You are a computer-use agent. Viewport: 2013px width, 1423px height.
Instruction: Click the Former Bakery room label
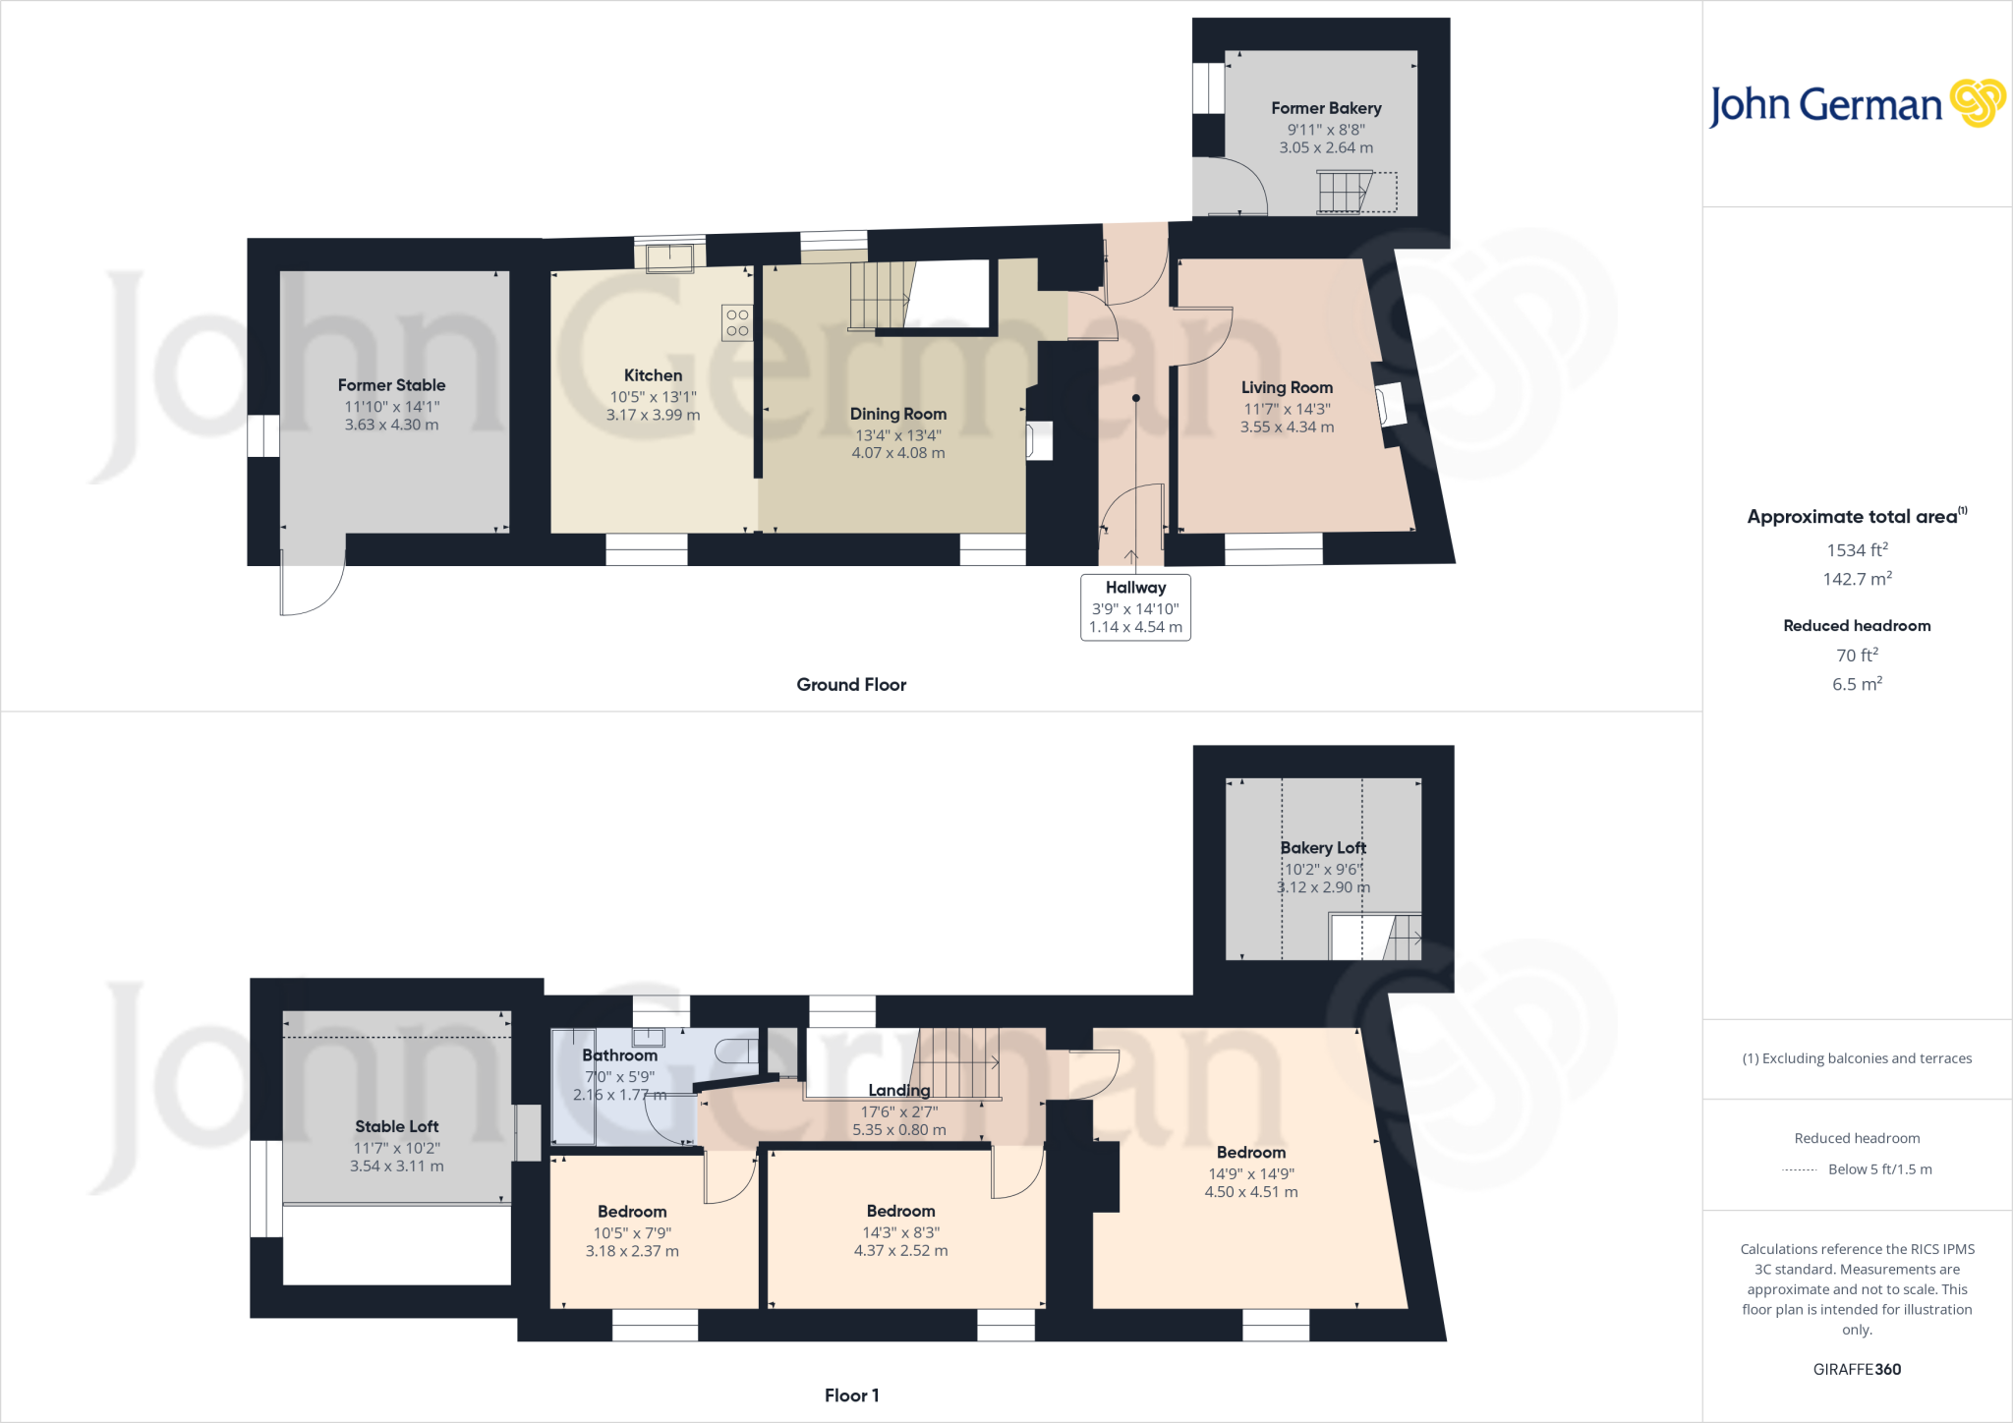[x=1326, y=108]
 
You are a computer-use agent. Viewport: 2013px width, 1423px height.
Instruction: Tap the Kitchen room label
[x=653, y=375]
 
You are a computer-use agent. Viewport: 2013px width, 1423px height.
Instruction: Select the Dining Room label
[x=898, y=414]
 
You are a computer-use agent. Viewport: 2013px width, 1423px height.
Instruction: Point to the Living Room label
[x=1287, y=387]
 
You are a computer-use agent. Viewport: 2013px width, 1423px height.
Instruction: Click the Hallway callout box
[x=1135, y=607]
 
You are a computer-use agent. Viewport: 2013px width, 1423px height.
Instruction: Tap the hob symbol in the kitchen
[x=737, y=322]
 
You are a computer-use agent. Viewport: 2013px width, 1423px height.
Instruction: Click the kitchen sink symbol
[x=669, y=257]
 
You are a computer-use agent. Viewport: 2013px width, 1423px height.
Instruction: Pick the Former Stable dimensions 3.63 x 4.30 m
[x=391, y=425]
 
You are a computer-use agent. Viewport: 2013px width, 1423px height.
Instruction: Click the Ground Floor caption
[x=851, y=685]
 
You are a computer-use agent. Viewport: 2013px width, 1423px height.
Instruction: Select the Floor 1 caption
[x=851, y=1395]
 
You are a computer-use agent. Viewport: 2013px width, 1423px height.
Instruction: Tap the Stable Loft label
[x=397, y=1126]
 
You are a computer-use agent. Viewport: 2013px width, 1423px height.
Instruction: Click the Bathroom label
[x=619, y=1055]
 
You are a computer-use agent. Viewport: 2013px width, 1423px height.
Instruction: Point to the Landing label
[x=898, y=1090]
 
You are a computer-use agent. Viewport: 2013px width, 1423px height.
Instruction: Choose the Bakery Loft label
[x=1323, y=847]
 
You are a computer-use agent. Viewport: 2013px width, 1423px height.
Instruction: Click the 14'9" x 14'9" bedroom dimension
[x=1251, y=1173]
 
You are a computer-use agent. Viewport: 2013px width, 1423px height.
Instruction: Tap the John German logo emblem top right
[x=1977, y=103]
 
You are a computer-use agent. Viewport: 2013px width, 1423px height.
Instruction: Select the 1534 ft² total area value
[x=1857, y=550]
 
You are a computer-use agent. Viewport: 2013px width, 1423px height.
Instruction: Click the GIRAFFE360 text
[x=1857, y=1369]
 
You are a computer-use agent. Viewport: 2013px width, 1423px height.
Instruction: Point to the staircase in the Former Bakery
[x=1344, y=191]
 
